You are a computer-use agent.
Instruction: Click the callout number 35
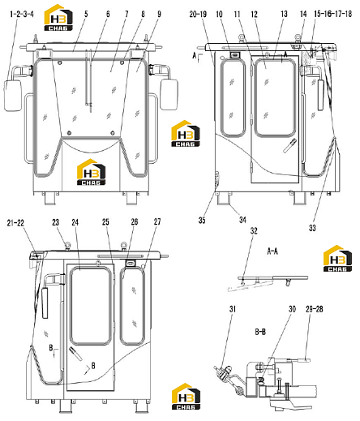point(202,220)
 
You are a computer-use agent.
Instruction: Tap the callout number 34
point(242,220)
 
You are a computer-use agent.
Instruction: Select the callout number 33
point(312,228)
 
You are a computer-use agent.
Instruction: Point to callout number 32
point(254,230)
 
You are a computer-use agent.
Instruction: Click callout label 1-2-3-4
point(22,14)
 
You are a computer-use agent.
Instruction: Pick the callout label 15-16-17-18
point(333,14)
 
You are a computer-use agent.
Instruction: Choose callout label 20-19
point(198,14)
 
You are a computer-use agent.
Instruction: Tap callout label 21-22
point(15,223)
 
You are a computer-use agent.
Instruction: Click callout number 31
point(233,309)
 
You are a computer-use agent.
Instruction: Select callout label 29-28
point(315,309)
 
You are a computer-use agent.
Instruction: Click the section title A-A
point(272,251)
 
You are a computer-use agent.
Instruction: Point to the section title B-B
point(260,331)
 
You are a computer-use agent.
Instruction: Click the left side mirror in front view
point(13,96)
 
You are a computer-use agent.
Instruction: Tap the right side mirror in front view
point(169,94)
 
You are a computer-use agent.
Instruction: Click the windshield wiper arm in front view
point(88,80)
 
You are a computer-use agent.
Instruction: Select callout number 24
point(75,222)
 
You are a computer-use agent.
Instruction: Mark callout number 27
point(157,221)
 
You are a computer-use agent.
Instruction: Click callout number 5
point(86,14)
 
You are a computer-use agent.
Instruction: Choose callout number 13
point(284,14)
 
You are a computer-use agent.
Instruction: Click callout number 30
point(292,309)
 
